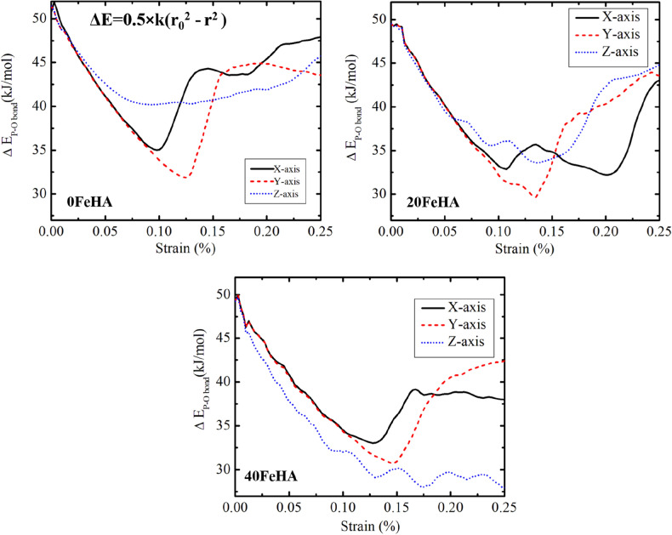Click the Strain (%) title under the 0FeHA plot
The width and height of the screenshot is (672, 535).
(159, 250)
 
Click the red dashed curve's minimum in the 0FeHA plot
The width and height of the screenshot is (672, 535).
(185, 178)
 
